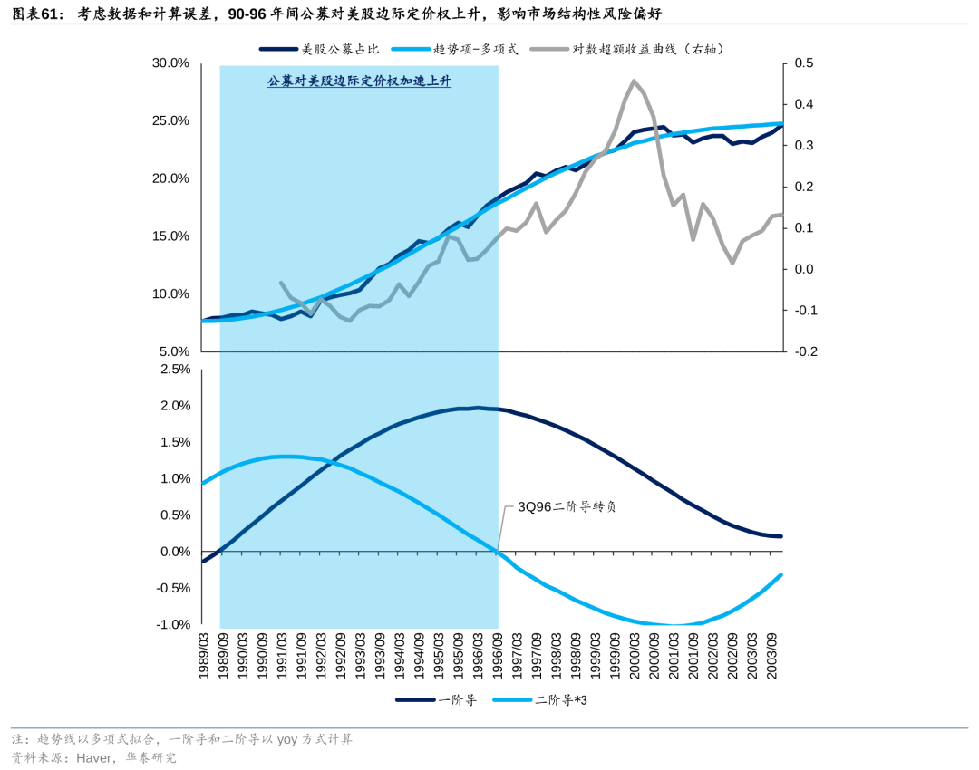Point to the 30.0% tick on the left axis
(170, 63)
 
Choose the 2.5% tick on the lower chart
(174, 370)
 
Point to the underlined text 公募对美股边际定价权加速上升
(359, 82)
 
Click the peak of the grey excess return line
(634, 82)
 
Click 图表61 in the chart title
(35, 14)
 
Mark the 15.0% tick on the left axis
(170, 236)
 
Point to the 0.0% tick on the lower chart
(174, 552)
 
